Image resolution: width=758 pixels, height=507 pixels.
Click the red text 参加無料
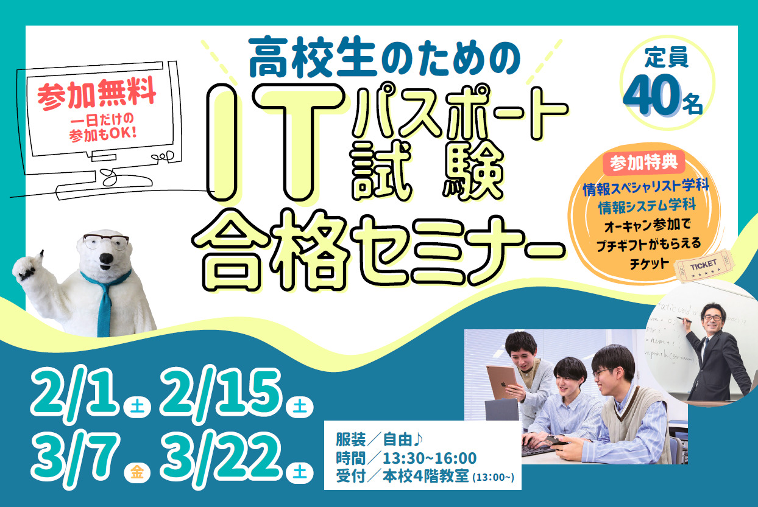tap(97, 93)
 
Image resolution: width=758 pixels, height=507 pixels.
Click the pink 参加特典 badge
tap(643, 163)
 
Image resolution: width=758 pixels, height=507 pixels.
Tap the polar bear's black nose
tap(106, 259)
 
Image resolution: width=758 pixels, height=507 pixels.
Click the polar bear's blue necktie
tap(105, 301)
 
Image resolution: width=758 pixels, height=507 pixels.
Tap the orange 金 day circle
tap(137, 472)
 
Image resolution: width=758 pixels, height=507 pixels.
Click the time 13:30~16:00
tap(430, 458)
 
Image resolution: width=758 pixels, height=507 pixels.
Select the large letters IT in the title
tap(276, 142)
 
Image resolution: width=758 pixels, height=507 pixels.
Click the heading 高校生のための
tap(384, 57)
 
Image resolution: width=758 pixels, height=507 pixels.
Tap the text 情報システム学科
tap(647, 206)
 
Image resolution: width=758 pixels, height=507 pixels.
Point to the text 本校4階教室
tap(426, 477)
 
